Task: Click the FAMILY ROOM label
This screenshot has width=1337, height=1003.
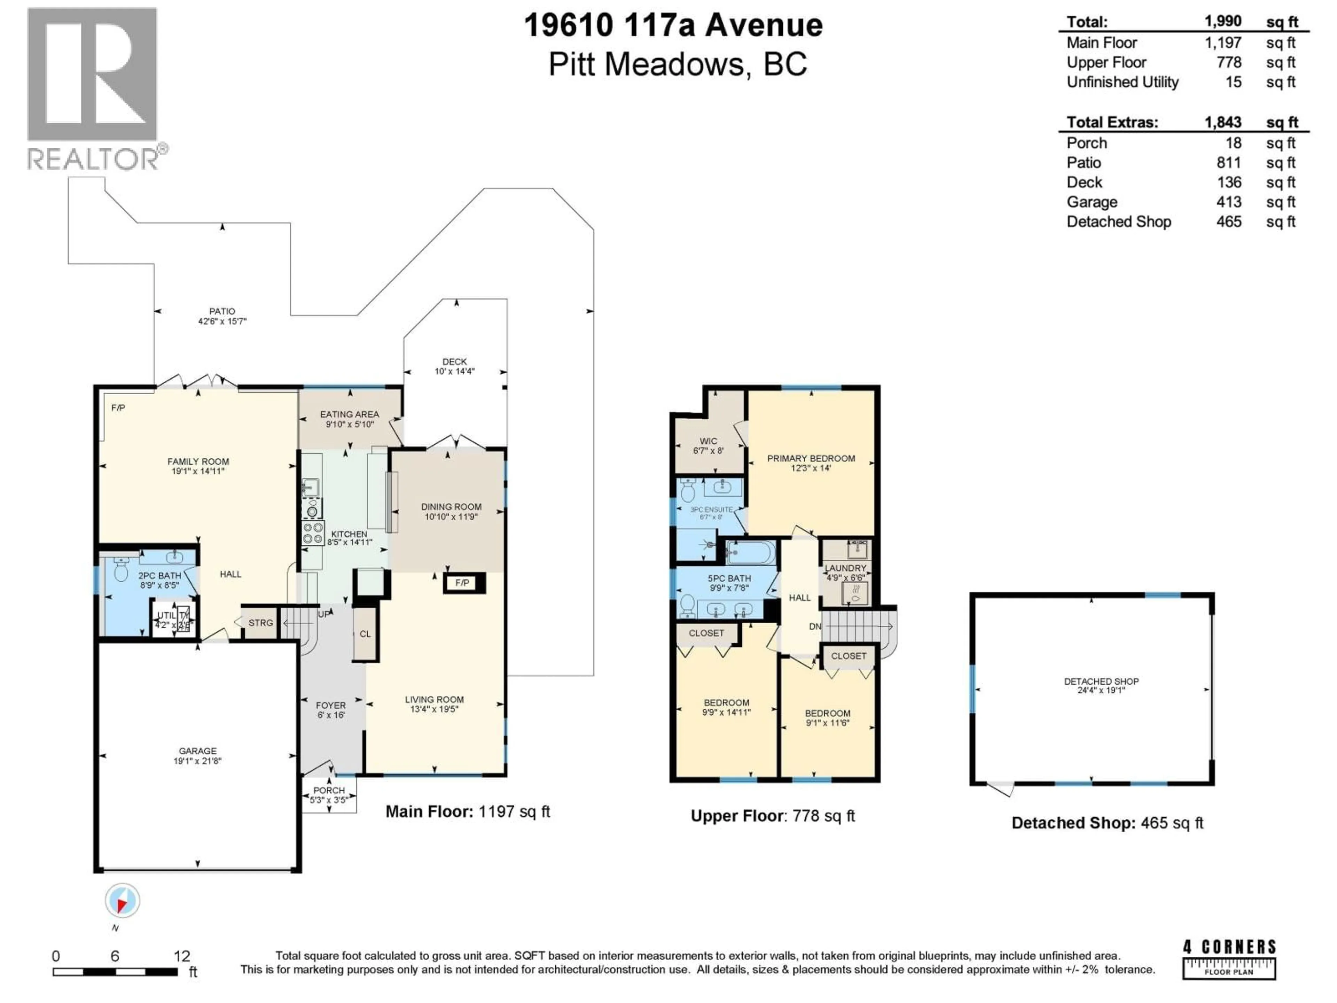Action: tap(198, 461)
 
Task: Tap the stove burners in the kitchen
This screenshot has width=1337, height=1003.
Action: tap(313, 533)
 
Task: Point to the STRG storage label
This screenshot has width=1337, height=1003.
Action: tap(260, 623)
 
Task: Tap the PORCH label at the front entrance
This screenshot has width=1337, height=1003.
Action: tap(329, 790)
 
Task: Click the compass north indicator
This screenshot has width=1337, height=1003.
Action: tap(123, 901)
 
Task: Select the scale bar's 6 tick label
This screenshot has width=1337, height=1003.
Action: tap(115, 956)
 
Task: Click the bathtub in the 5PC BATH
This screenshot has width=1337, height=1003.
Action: tap(750, 552)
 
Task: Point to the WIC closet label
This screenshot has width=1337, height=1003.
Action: tap(709, 441)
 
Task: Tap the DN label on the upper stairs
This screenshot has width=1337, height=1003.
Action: tap(815, 626)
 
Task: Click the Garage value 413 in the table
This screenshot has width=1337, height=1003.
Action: tap(1229, 202)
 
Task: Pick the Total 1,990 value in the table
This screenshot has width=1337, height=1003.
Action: tap(1223, 21)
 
